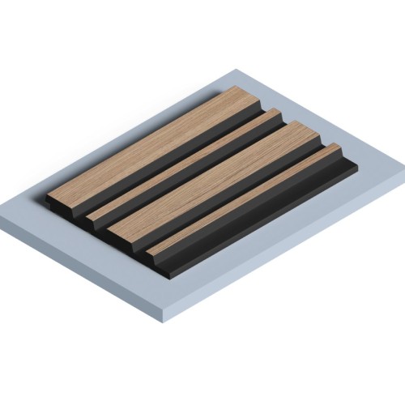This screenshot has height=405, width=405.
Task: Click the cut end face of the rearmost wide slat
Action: [x=62, y=198]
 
